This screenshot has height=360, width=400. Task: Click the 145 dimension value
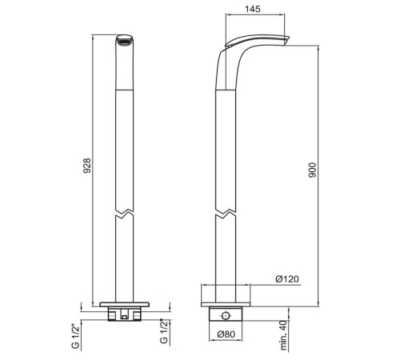[x=252, y=9]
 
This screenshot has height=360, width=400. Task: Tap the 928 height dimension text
[x=87, y=166]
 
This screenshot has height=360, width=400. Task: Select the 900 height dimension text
[x=312, y=170]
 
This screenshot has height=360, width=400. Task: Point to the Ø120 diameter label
[x=287, y=279]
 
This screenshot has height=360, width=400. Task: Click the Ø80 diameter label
[x=226, y=334]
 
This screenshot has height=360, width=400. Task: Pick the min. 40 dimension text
[x=284, y=335]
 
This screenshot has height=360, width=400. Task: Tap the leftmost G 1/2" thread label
[x=75, y=336]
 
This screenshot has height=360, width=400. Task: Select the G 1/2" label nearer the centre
[x=165, y=331]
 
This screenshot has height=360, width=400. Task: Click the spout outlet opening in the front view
[x=125, y=42]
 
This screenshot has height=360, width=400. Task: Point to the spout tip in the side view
[x=286, y=41]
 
